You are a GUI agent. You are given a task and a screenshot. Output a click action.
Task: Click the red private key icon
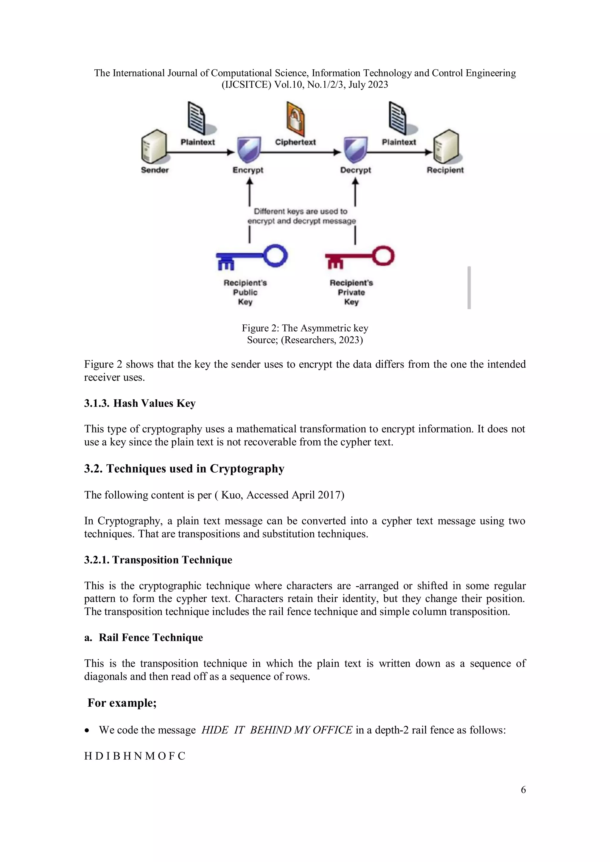[359, 257]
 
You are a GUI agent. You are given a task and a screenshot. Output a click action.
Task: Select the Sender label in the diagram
[155, 170]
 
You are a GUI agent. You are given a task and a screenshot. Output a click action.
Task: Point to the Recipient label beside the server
[445, 170]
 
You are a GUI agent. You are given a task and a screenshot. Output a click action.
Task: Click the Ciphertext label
[295, 142]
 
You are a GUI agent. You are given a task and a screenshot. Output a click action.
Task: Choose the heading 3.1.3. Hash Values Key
[140, 403]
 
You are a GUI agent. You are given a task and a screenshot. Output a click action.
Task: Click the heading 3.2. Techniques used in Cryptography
[184, 469]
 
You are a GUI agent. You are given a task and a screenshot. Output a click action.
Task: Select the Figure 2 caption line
[305, 328]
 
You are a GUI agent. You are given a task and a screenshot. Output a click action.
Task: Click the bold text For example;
[122, 703]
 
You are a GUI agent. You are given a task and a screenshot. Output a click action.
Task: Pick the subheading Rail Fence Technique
[151, 637]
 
